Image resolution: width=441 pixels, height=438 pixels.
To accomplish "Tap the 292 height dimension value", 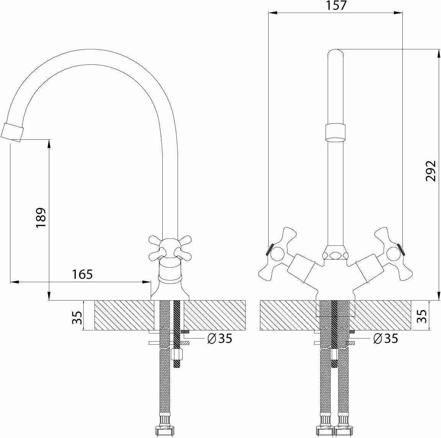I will pyautogui.click(x=431, y=171).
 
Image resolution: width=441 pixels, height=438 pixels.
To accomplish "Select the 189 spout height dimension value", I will pyautogui.click(x=41, y=217).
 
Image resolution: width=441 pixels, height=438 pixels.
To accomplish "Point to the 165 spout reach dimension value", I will pyautogui.click(x=82, y=274).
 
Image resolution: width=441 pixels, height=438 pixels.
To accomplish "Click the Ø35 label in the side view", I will pyautogui.click(x=219, y=338).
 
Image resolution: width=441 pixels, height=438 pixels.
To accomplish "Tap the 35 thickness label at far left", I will pyautogui.click(x=78, y=317).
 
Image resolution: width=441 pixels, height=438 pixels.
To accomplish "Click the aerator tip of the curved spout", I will pyautogui.click(x=12, y=132).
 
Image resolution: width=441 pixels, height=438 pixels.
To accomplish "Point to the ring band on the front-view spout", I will pyautogui.click(x=335, y=132).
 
